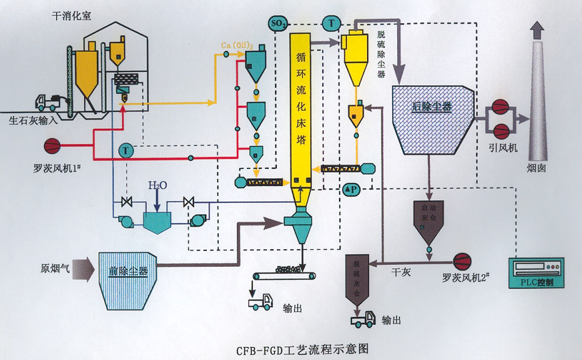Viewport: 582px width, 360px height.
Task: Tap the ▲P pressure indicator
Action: coord(350,188)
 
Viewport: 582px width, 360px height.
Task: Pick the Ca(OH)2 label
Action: coord(237,45)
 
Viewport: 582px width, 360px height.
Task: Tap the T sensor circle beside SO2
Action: coord(331,23)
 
